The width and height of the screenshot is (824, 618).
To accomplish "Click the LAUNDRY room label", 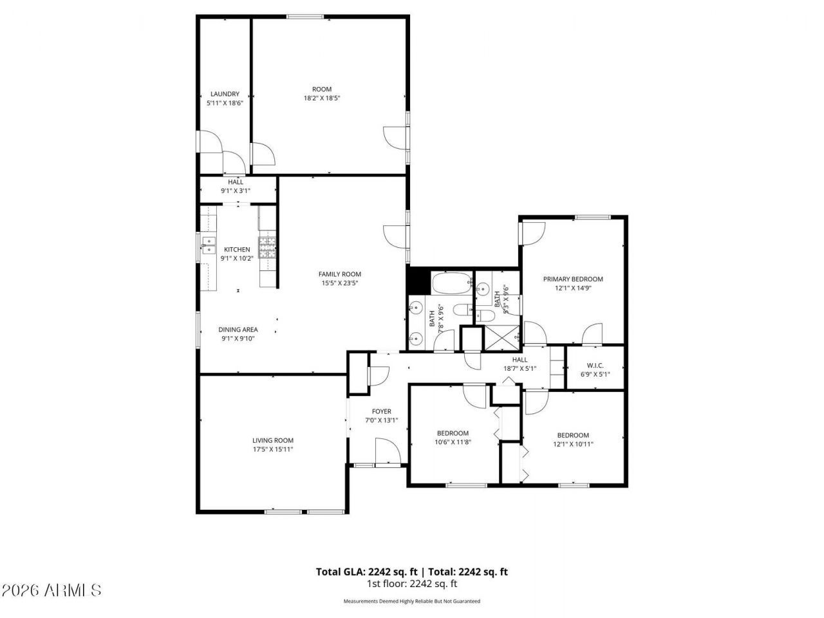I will point(224,94).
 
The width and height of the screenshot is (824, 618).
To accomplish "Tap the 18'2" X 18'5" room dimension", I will point(322,98).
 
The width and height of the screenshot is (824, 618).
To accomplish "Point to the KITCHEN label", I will point(237,250).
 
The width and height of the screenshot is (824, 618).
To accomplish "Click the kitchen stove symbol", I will point(267,247).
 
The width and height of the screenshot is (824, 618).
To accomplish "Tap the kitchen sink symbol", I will point(207,243).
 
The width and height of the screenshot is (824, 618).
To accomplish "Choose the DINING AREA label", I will point(238,330).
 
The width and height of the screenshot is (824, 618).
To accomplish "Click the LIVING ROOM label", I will point(273,440).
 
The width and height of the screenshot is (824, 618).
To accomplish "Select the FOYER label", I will point(382,411).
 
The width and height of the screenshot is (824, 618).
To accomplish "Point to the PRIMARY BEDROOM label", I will point(573,279).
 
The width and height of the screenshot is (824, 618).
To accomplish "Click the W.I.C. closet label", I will point(595,365).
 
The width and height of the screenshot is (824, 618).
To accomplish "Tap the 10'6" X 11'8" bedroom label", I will point(453,442).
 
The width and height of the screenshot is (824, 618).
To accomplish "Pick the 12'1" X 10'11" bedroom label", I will point(573,444).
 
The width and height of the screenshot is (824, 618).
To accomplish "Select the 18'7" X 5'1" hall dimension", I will point(520,369).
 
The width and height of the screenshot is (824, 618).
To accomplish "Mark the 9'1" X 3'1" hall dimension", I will point(235,191).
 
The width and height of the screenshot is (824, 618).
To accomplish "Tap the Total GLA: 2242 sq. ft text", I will point(366,571).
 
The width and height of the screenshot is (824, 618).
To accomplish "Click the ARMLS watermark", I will point(51,590).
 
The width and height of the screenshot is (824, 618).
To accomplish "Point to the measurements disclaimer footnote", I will point(412,601).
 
